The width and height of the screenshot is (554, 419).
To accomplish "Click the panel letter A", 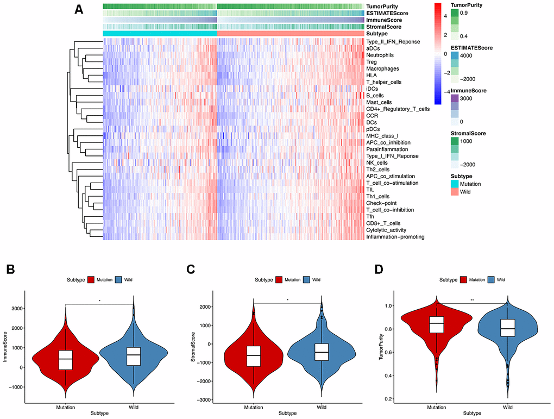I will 79,10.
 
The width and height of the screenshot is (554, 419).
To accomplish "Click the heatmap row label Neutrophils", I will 380,55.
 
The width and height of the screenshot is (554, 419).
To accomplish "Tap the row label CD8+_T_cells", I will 383,223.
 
